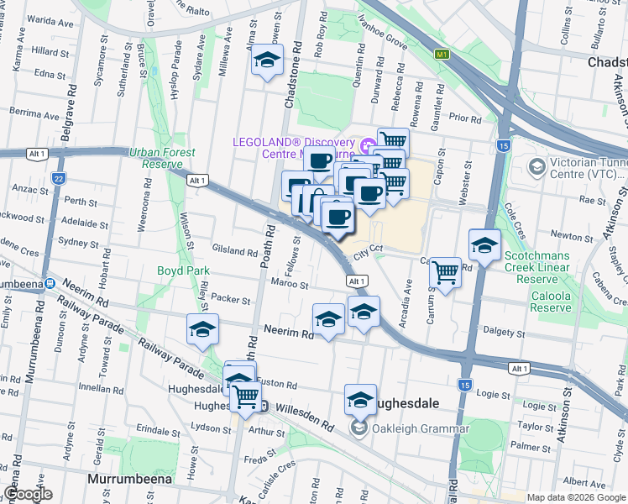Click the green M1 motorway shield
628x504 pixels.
442,55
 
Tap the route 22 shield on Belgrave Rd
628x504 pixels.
57,178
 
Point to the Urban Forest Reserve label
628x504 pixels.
162,158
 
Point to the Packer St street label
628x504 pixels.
231,299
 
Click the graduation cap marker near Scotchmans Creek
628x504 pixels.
484,245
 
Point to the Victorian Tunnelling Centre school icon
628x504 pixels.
536,167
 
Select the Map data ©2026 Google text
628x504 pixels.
575,496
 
